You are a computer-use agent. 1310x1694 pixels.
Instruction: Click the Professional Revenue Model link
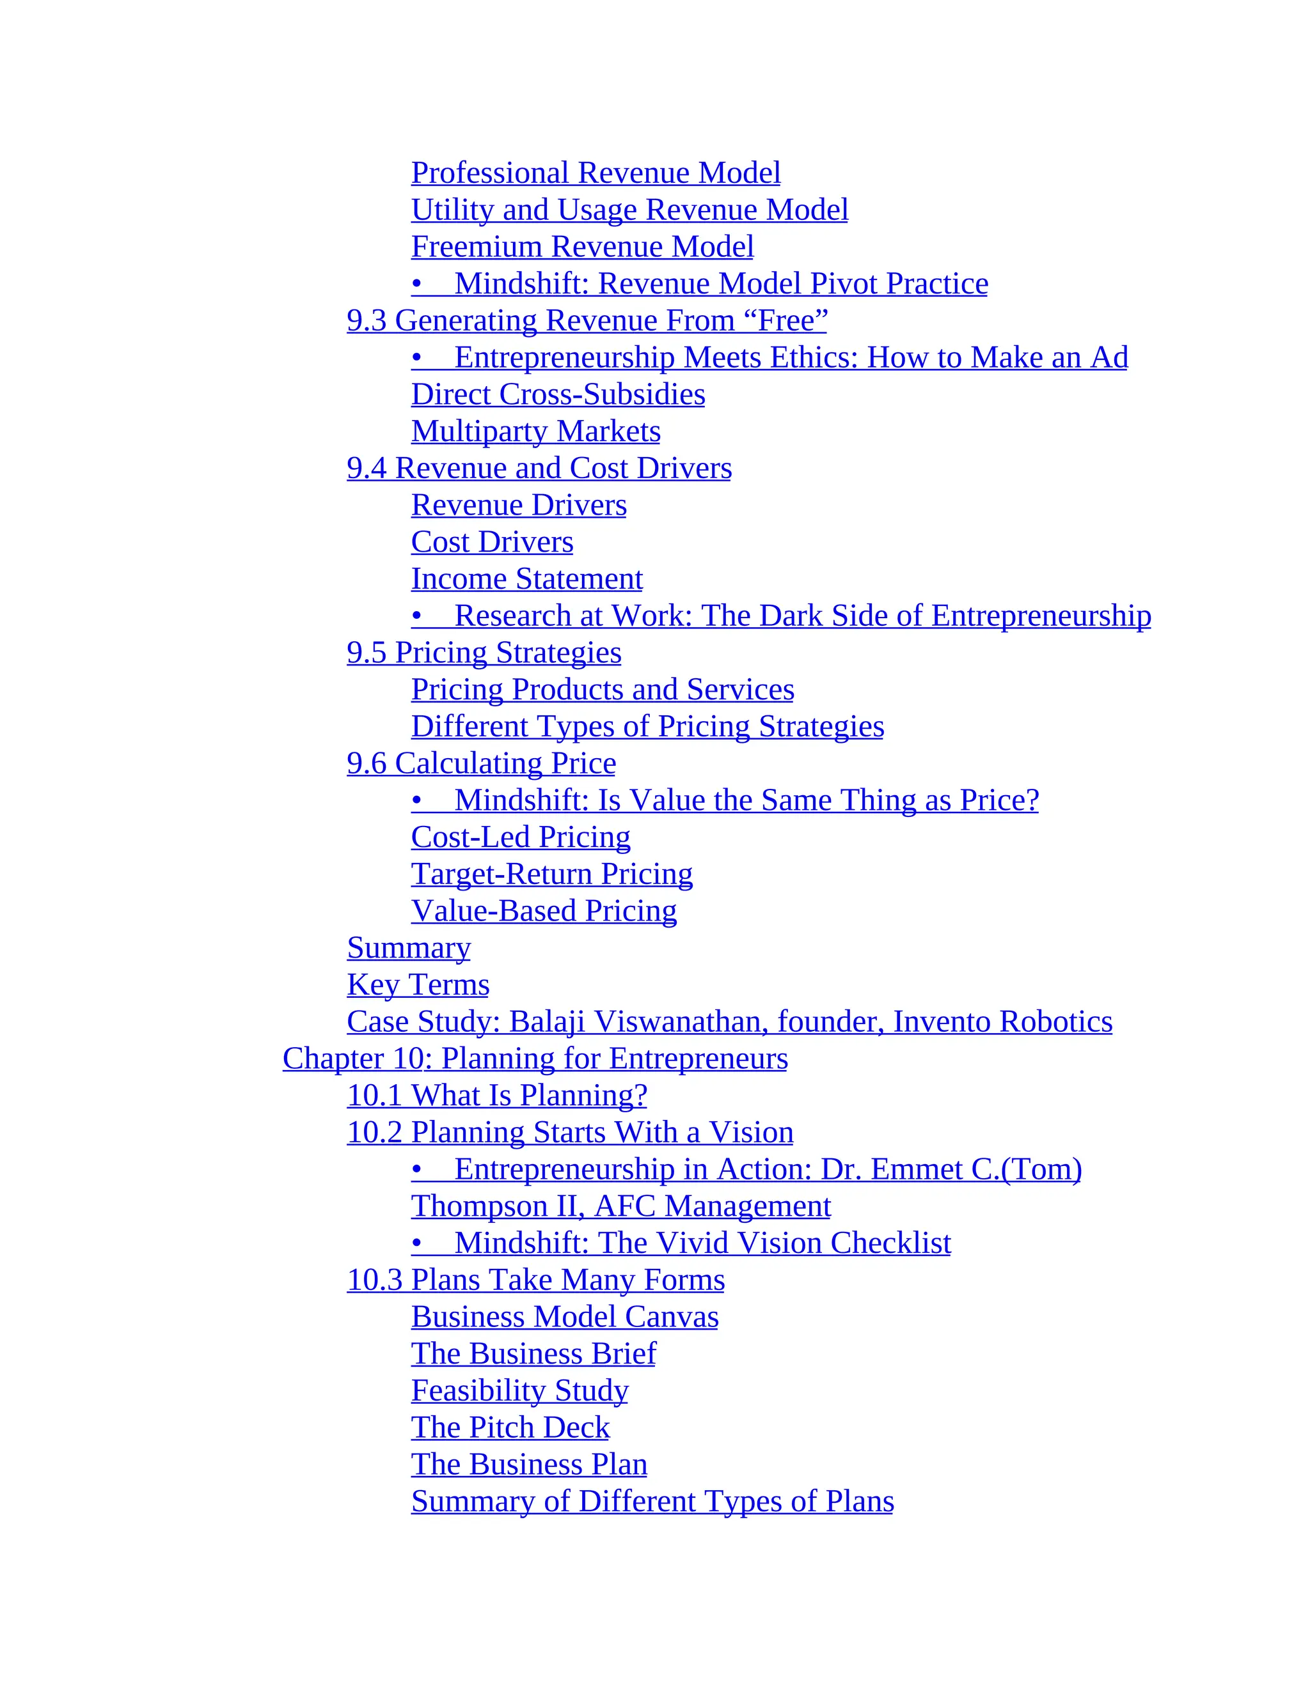point(596,173)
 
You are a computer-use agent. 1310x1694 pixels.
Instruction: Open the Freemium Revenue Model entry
point(582,247)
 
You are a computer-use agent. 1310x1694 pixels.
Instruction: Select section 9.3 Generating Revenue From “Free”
point(587,320)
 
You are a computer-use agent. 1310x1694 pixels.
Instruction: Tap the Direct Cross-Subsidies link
point(558,395)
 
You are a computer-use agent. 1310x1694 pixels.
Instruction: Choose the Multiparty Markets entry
point(535,431)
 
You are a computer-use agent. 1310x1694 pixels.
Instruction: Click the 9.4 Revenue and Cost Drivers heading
point(539,469)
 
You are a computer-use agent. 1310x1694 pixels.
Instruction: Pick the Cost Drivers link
point(492,542)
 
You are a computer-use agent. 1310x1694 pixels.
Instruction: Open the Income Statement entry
point(526,579)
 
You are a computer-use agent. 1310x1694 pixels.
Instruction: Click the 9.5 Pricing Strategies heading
point(484,653)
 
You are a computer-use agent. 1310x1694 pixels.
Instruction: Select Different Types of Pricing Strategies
point(647,727)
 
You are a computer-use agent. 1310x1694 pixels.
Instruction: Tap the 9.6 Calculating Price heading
point(481,764)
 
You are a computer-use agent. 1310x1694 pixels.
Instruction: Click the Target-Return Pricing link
point(552,874)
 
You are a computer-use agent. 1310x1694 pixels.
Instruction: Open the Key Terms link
point(418,985)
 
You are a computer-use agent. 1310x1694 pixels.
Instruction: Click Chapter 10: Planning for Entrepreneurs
point(535,1059)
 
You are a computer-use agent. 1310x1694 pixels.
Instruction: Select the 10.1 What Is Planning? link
point(496,1096)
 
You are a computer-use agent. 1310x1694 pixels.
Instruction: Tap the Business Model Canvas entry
point(564,1317)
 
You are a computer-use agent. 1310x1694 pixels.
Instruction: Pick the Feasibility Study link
point(519,1391)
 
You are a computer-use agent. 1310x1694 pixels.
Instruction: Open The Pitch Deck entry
point(510,1428)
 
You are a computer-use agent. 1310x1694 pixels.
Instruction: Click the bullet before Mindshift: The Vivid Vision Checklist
point(417,1244)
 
